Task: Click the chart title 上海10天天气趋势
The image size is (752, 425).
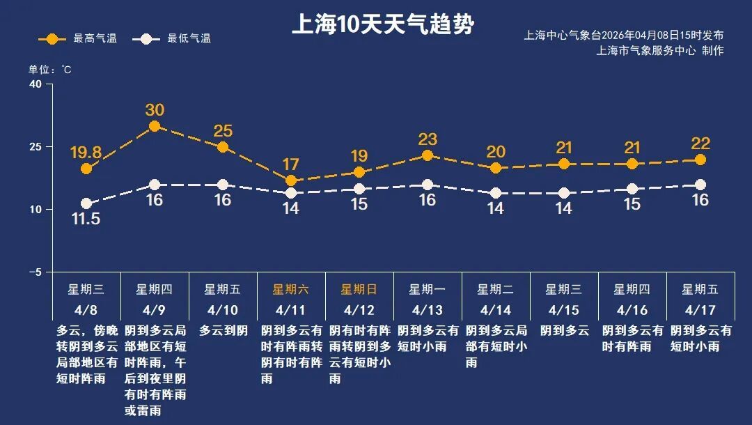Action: pos(382,25)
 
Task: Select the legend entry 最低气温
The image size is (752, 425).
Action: pos(174,39)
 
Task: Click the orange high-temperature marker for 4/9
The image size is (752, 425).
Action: pos(155,126)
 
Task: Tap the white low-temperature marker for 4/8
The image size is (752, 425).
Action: pos(86,203)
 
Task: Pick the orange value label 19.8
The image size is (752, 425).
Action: pos(86,152)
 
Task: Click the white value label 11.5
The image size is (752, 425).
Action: pos(86,219)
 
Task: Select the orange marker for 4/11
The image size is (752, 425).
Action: pos(291,180)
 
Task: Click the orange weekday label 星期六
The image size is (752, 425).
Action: pos(290,289)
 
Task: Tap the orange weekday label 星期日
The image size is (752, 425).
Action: pos(359,289)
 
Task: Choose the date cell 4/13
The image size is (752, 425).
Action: pos(427,309)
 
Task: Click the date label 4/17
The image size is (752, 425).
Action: pos(700,309)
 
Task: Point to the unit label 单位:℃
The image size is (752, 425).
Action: pos(49,70)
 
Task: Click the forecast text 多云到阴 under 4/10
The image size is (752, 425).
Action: pos(223,330)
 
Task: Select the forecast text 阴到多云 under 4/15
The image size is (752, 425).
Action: pos(564,330)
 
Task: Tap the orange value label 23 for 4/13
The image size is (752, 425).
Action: pos(428,139)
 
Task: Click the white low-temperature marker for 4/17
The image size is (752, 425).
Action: pos(700,185)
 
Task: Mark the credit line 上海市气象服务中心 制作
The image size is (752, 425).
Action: pos(659,51)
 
